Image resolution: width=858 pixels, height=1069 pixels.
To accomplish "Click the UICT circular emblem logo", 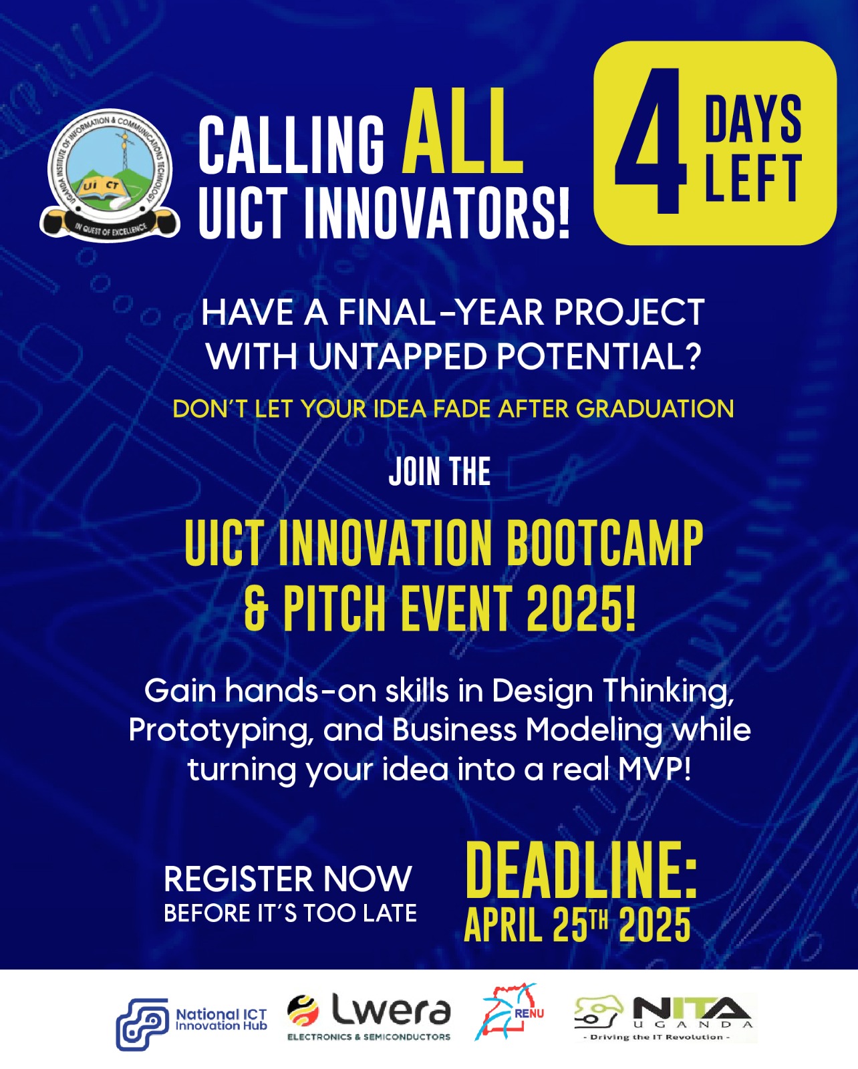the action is click(x=110, y=175).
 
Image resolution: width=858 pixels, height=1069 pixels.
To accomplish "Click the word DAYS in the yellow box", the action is click(x=753, y=118).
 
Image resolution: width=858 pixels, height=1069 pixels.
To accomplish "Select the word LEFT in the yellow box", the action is click(x=753, y=177).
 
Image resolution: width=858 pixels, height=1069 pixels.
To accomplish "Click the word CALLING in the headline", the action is click(x=291, y=145).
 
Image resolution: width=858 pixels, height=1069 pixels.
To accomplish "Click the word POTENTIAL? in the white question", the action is click(x=599, y=356).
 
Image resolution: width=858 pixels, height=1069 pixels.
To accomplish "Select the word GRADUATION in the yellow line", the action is click(x=655, y=410).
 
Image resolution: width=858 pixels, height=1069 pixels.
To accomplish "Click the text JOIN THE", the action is click(x=439, y=472).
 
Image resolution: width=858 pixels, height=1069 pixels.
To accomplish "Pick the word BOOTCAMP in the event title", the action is click(x=605, y=543).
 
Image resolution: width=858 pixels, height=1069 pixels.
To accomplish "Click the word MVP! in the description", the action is click(x=655, y=770).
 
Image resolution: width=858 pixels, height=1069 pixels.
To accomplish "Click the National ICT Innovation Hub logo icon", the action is click(x=142, y=1025).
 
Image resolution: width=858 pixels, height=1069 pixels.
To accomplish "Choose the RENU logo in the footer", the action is click(x=509, y=1012).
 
